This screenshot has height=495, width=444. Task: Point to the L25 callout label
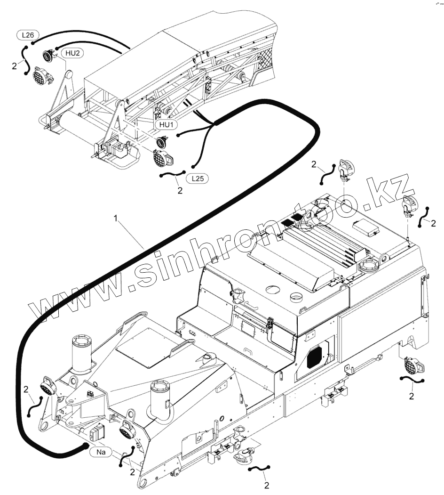197,179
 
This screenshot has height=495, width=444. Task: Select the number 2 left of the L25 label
179,191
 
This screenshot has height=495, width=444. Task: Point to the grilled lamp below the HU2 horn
40,76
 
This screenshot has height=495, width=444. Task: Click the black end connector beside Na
85,446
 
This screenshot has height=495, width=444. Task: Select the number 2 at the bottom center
267,485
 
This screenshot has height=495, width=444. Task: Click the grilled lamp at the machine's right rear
412,365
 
